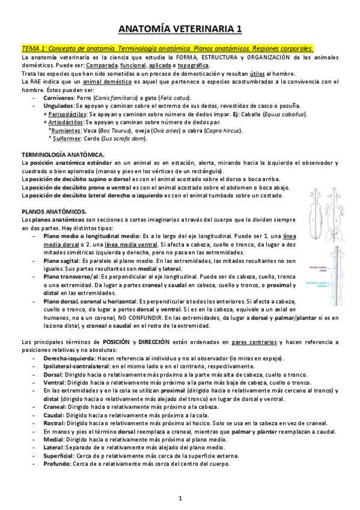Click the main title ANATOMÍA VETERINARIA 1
[x=180, y=28]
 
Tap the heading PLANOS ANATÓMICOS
[x=54, y=211]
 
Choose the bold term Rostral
[x=55, y=423]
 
